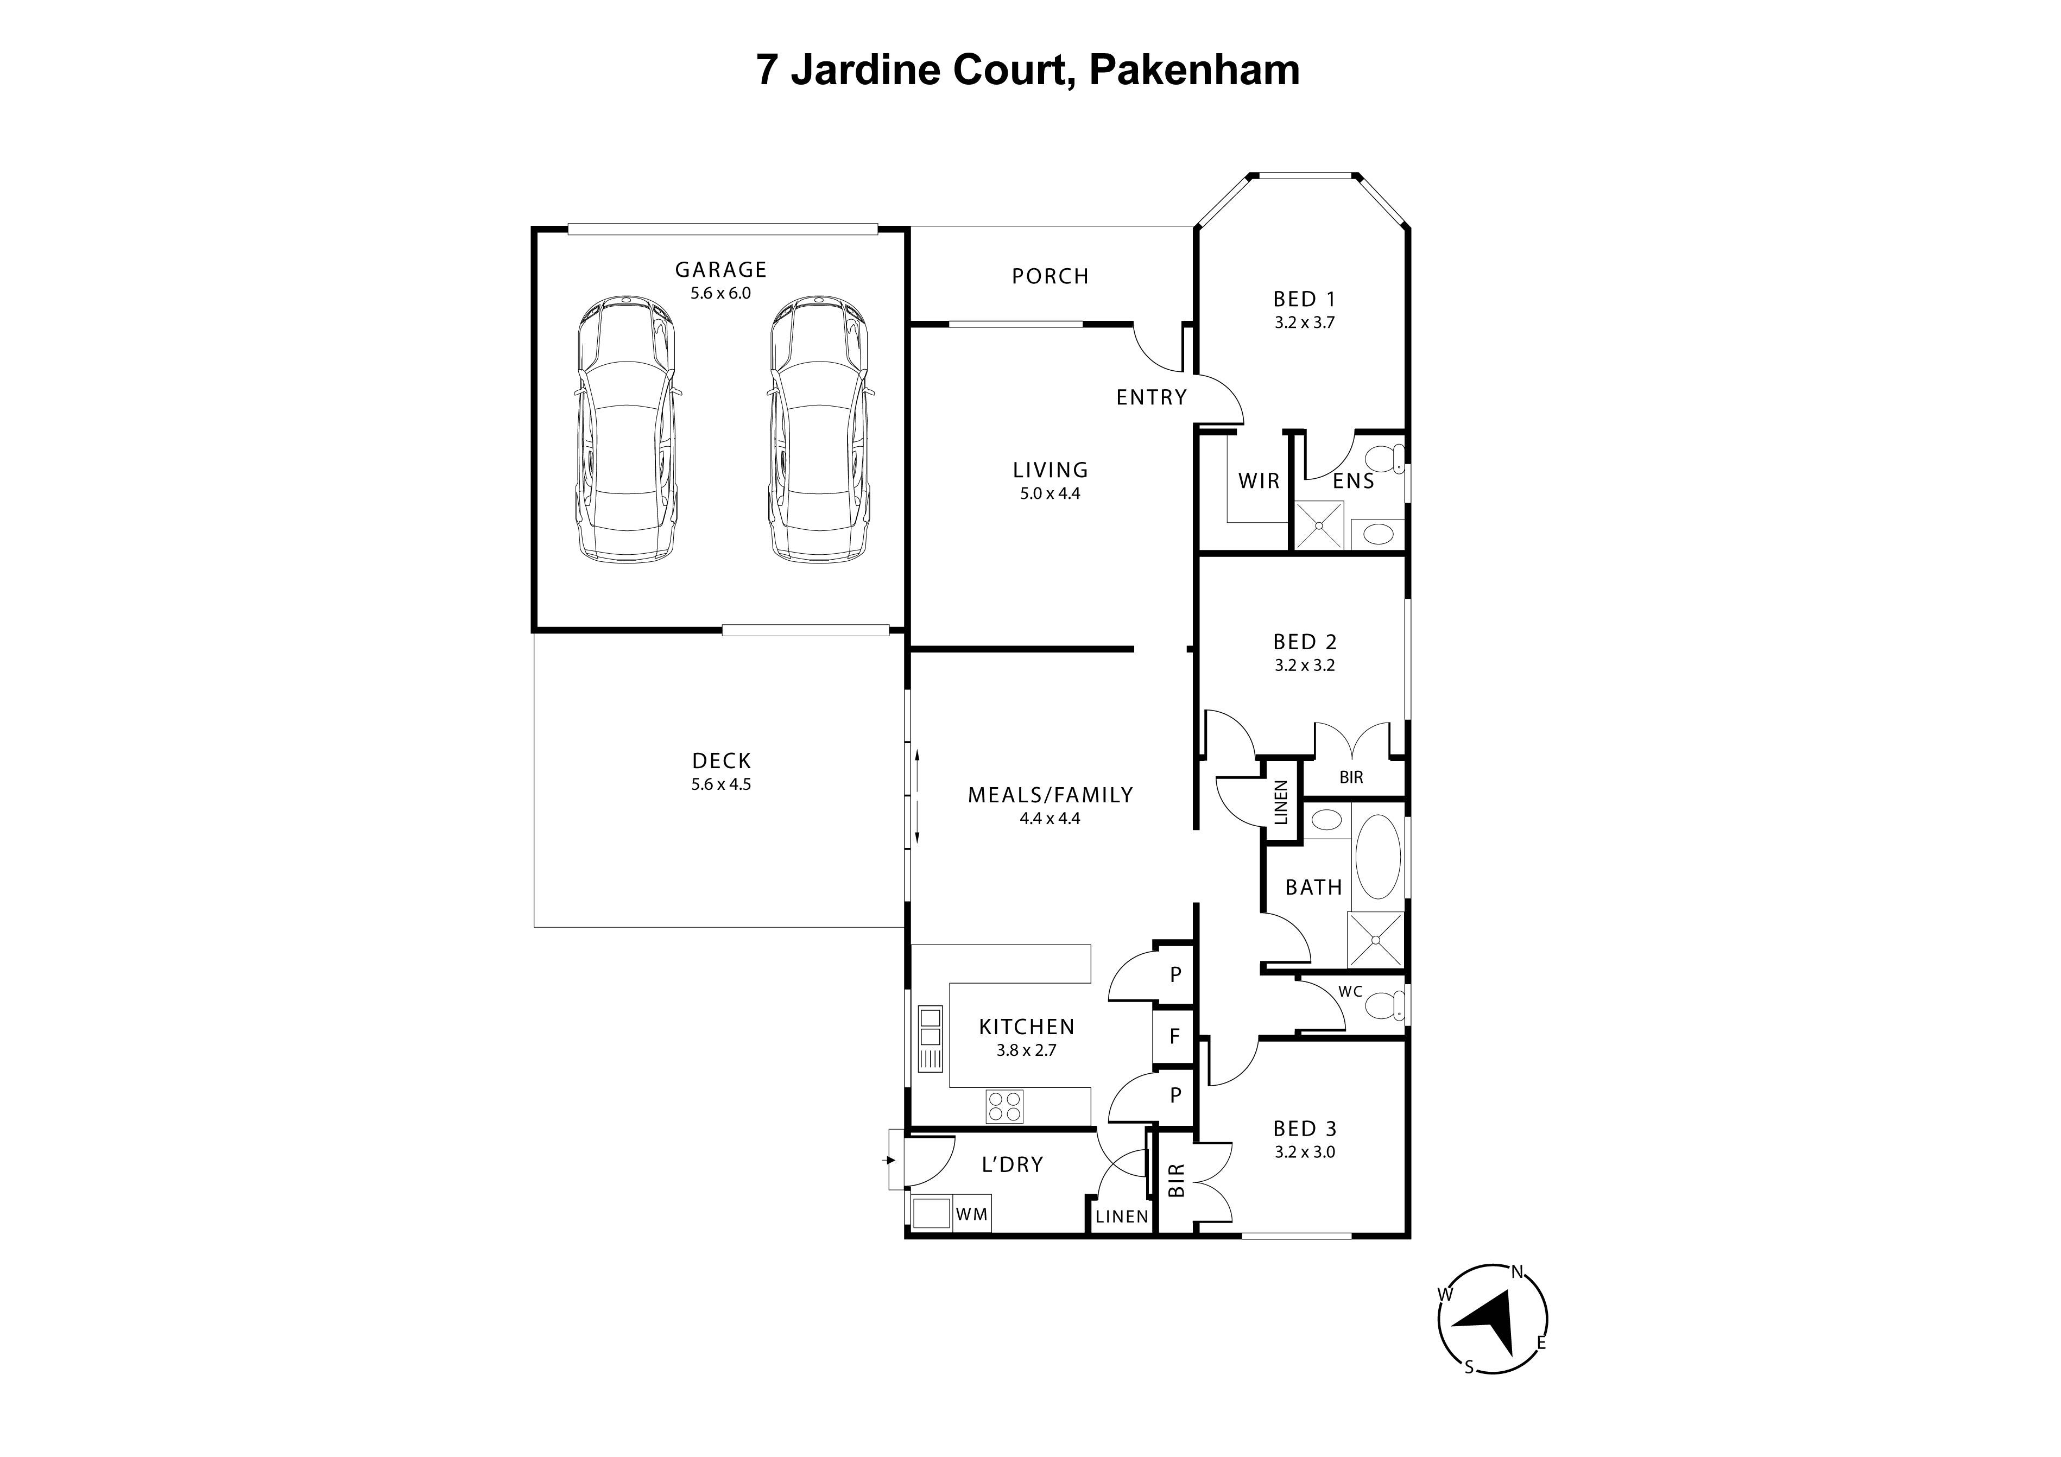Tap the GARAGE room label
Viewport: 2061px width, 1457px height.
pos(721,269)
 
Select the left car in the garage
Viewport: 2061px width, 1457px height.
pos(625,429)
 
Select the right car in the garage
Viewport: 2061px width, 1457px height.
pos(819,429)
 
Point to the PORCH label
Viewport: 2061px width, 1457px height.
pos(1050,276)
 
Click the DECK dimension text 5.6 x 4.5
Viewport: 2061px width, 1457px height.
pos(721,784)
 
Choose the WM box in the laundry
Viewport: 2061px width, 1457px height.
pos(971,1214)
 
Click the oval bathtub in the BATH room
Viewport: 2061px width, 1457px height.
pos(1377,857)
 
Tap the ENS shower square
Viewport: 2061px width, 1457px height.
pos(1319,525)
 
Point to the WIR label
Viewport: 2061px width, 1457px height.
pos(1259,481)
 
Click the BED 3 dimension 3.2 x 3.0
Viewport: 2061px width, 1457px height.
pos(1304,1152)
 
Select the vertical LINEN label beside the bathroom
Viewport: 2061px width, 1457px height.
pos(1281,802)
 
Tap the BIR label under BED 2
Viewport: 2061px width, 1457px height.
pos(1351,777)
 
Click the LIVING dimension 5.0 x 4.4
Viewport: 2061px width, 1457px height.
pos(1050,493)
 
